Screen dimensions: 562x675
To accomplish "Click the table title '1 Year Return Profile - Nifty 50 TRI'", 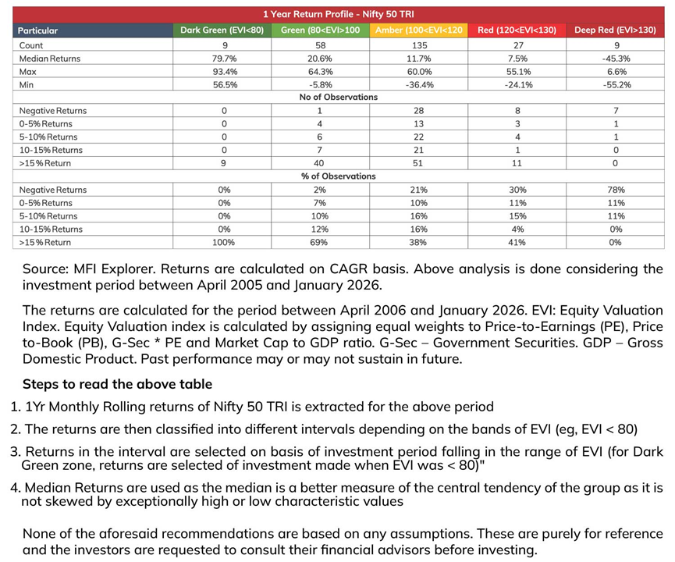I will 338,15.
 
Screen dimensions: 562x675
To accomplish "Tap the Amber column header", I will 419,30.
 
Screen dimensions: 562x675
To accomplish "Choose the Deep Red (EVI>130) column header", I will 616,30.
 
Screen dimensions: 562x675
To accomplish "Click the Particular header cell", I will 38,31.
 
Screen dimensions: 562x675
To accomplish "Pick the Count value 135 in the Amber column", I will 419,45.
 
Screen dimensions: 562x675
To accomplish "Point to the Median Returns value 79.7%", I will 224,59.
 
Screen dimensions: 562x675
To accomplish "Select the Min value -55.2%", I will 615,84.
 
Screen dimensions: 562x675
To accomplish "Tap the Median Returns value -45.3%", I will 615,59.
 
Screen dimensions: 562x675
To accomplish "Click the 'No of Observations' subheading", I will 338,98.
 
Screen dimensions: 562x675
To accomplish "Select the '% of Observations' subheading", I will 338,176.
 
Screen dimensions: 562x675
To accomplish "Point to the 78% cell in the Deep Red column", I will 615,190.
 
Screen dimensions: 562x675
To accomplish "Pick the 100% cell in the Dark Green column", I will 224,242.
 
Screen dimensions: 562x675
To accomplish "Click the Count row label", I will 31,45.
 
